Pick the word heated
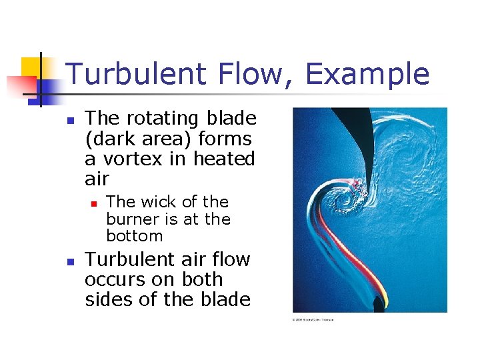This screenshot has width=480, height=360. (x=224, y=159)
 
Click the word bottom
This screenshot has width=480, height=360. (x=135, y=236)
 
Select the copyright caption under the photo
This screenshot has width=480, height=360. (x=313, y=319)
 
